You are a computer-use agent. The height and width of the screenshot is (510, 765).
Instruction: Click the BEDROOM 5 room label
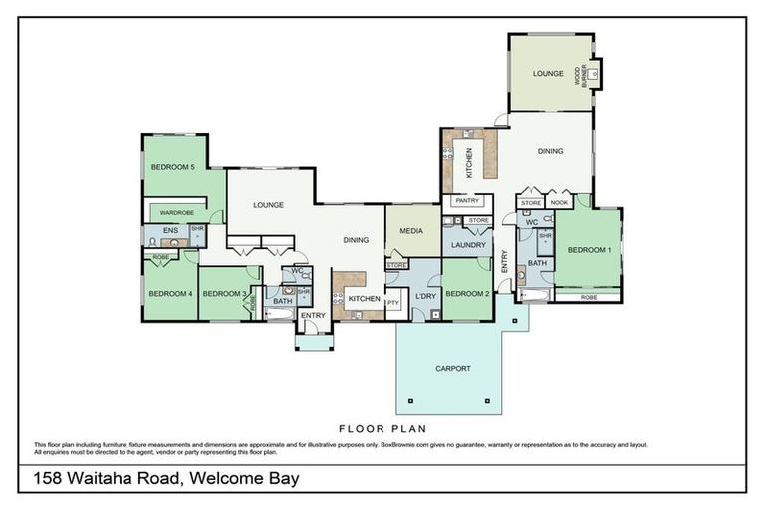[172, 167]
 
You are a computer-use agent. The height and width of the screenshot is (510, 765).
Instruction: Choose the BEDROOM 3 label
[223, 293]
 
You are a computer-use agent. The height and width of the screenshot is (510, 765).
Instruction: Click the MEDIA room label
[411, 230]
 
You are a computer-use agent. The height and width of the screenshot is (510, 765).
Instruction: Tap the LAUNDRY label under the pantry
[467, 244]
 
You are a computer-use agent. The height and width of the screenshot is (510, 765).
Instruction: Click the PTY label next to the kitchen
[392, 302]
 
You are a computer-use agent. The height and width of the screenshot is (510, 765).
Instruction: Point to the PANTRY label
[466, 200]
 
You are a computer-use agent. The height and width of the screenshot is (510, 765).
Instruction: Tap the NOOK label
[559, 203]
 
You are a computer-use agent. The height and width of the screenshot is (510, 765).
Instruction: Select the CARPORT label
[452, 368]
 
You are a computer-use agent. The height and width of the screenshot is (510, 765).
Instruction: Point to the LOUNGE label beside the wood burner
[548, 73]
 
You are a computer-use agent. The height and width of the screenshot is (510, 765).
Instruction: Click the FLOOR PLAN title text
[382, 429]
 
